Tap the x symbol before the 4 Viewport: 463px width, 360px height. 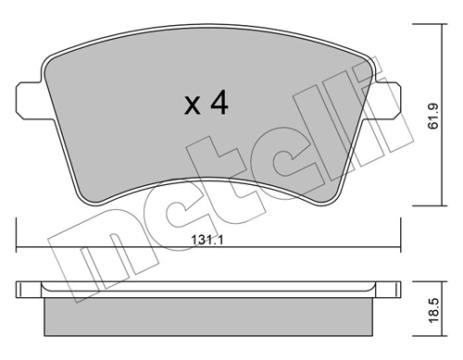[192, 106]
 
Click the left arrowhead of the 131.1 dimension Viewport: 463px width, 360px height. [20, 246]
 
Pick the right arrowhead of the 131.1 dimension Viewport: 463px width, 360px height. [398, 246]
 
